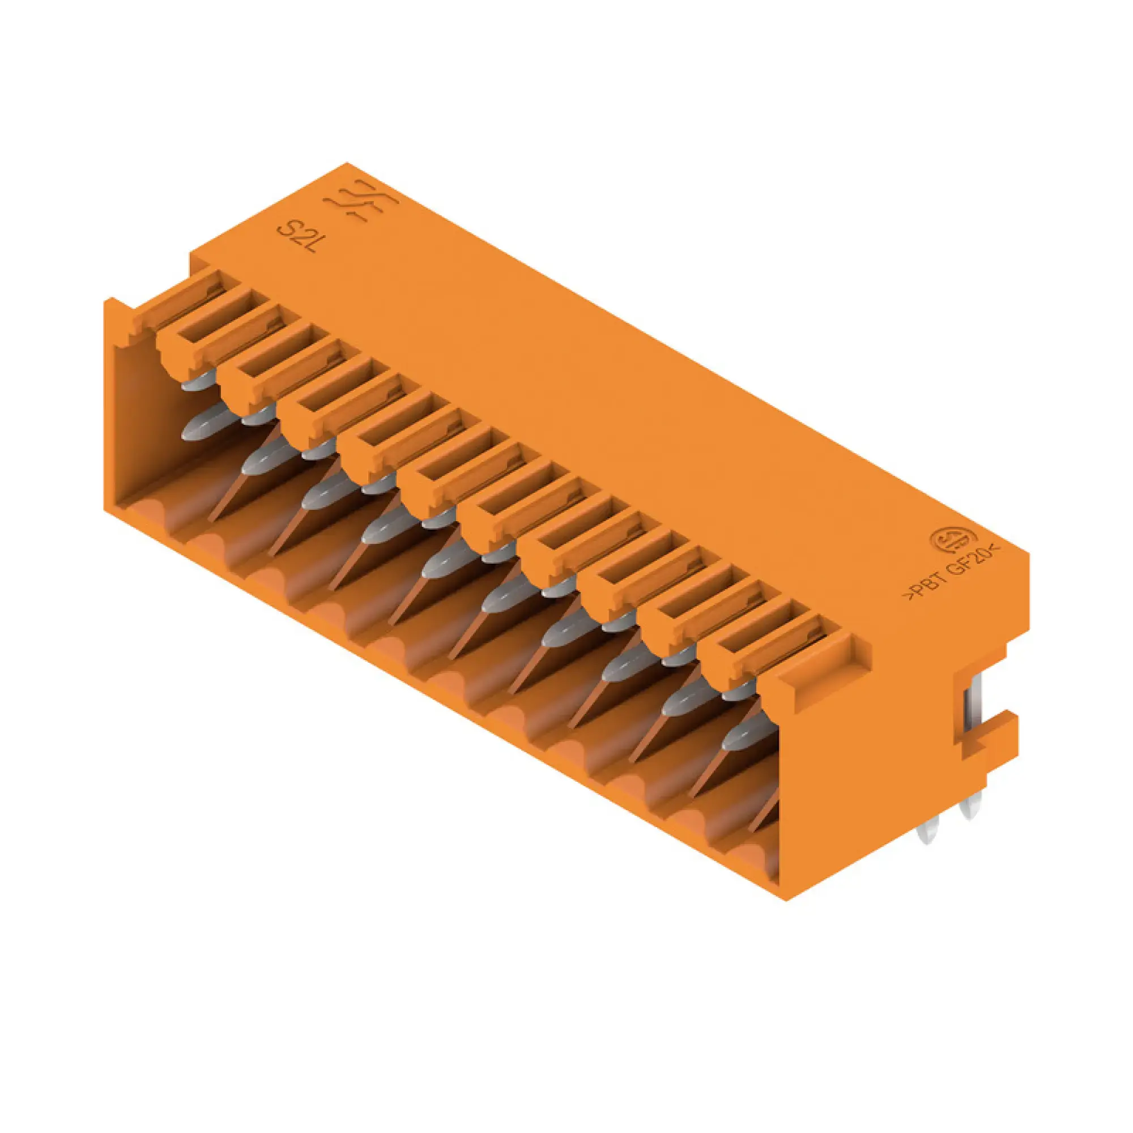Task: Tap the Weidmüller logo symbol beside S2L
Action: [362, 203]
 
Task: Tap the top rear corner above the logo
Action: [347, 164]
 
